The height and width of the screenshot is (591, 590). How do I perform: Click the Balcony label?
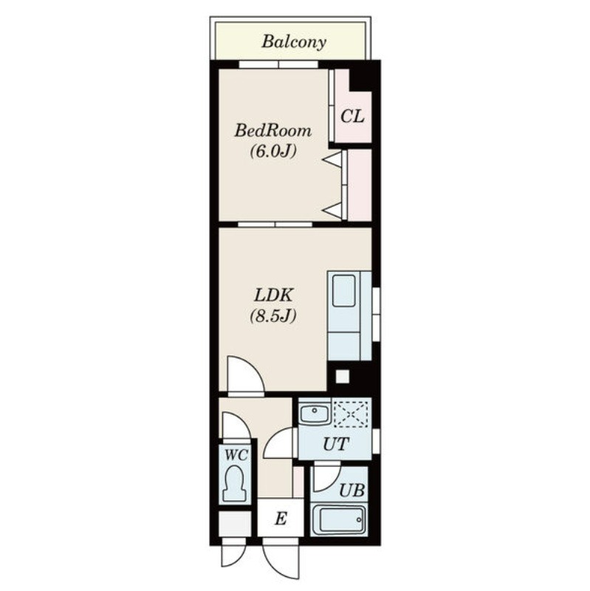click(x=294, y=42)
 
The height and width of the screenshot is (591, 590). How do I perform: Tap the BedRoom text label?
click(x=273, y=131)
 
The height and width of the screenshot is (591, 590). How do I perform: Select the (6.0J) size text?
click(x=273, y=151)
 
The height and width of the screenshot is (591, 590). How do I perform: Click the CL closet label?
click(x=352, y=116)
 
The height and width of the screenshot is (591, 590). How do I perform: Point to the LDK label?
click(x=273, y=295)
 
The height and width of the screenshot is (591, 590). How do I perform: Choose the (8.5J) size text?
click(x=273, y=316)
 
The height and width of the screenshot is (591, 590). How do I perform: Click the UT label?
click(x=336, y=444)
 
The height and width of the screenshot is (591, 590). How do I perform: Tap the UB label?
click(x=352, y=491)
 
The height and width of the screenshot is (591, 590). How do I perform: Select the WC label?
click(x=236, y=455)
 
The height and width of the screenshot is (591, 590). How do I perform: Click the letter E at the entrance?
click(x=281, y=519)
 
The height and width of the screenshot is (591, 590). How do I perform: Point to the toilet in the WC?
click(x=235, y=484)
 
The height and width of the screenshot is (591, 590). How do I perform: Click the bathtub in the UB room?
click(x=339, y=520)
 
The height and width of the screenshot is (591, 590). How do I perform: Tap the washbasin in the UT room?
click(x=315, y=414)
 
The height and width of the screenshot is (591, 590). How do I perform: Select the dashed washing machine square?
click(x=351, y=414)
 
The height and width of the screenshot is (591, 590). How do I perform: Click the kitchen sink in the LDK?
click(x=344, y=291)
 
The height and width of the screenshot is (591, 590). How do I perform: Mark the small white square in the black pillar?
click(x=342, y=377)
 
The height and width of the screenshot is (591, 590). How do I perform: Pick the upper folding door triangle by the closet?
click(x=333, y=159)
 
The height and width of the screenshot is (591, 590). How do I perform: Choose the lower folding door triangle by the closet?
click(x=333, y=211)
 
